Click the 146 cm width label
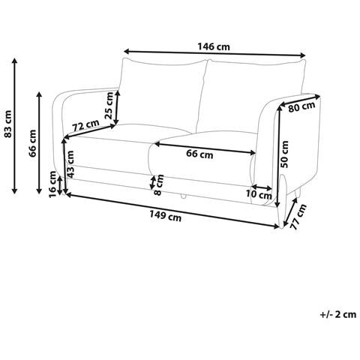click(214, 46)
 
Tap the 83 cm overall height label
click(8, 124)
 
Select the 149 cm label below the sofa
click(165, 215)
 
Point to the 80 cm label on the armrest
click(301, 107)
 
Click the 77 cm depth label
click(298, 217)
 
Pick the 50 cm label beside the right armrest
click(284, 154)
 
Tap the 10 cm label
click(259, 194)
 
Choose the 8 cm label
click(158, 184)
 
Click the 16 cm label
click(53, 184)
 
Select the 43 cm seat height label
click(70, 164)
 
